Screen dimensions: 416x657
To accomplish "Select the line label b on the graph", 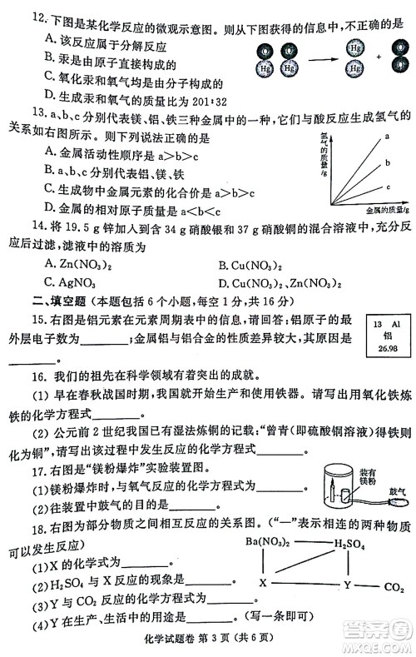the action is (386, 163).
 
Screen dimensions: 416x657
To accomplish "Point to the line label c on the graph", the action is (386, 187).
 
